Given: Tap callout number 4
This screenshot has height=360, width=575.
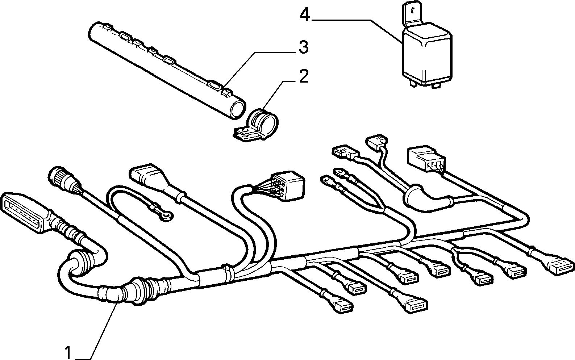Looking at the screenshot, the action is [305, 14].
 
